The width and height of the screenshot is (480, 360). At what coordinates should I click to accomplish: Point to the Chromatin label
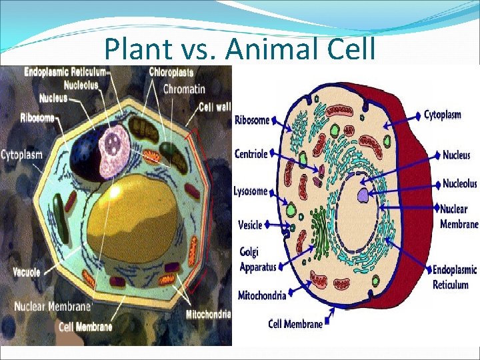pos(184,89)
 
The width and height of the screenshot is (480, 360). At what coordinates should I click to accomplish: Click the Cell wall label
pos(215,107)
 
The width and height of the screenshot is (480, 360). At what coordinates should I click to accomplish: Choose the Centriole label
pos(251,154)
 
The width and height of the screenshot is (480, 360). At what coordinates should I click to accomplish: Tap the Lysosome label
pos(251,191)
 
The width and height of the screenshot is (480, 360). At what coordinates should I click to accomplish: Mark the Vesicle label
pos(250,225)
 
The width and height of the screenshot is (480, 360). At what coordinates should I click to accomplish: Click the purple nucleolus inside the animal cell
pos(362,195)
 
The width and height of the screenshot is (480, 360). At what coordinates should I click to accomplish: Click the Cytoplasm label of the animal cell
pos(443,115)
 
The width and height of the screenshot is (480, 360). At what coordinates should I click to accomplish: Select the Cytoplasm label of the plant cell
pos(21,155)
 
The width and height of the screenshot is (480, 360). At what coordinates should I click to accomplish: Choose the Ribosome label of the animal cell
pos(252,121)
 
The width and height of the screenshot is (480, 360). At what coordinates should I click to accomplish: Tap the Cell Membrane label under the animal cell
pos(295,324)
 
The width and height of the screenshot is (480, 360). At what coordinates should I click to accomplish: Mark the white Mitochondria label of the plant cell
pos(208,314)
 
